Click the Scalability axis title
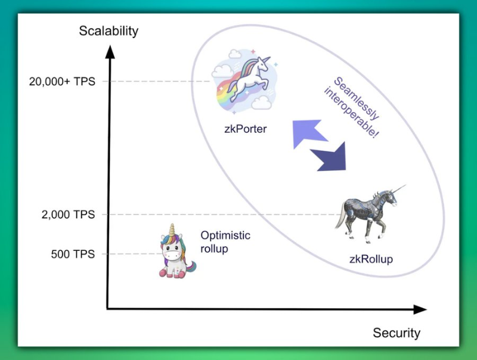109,31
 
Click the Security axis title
397,333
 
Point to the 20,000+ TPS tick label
62,82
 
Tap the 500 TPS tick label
73,255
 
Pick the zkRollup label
371,259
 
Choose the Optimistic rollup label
225,242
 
